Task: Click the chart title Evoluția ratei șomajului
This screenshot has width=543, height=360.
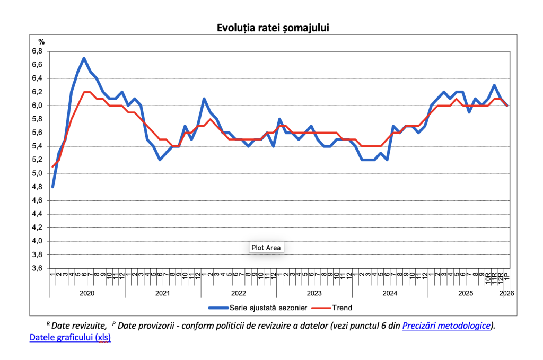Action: (x=273, y=28)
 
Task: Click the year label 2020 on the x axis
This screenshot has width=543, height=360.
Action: (x=87, y=293)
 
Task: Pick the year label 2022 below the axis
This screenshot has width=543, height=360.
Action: (x=239, y=293)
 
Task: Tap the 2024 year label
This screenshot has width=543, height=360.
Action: (x=390, y=293)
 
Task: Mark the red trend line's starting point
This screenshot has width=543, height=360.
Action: (x=52, y=166)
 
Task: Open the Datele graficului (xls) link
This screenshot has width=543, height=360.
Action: (x=70, y=338)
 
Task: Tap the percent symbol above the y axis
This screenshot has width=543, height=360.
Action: (x=42, y=41)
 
